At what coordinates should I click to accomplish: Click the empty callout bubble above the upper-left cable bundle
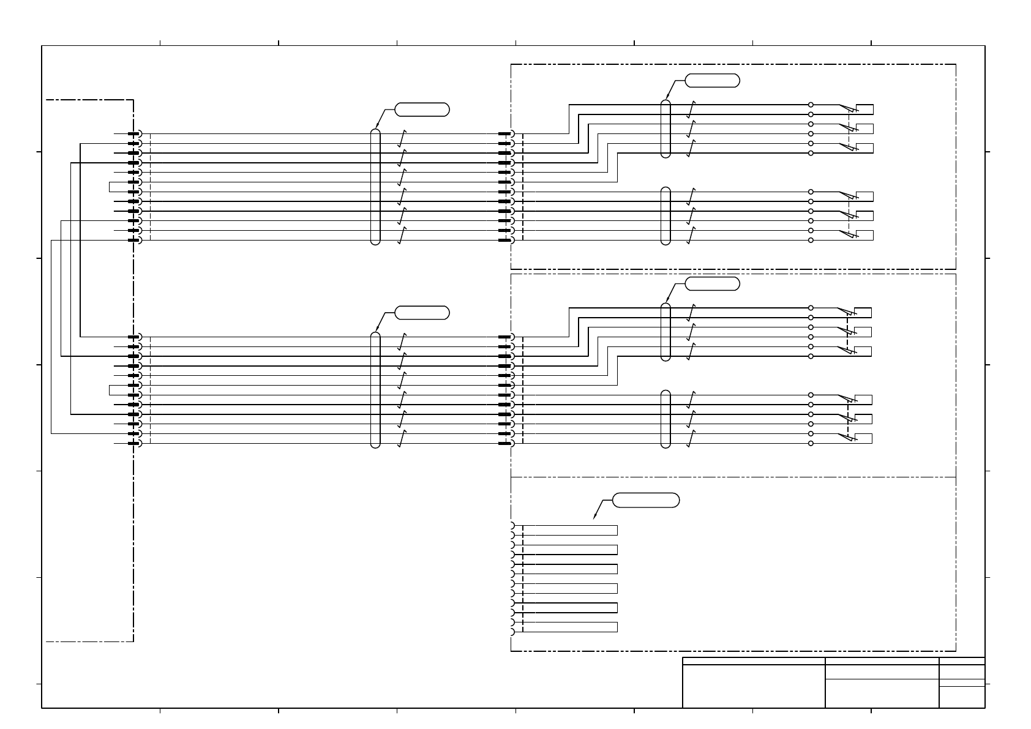tap(422, 110)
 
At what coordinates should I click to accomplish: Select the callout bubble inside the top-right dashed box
tap(712, 80)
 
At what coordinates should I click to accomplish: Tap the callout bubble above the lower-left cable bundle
tap(422, 313)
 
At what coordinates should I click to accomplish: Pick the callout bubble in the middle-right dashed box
tap(712, 283)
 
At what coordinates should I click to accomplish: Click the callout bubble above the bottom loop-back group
tap(646, 500)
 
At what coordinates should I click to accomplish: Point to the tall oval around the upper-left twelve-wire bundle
tap(375, 187)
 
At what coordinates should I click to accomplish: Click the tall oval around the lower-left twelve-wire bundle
tap(375, 390)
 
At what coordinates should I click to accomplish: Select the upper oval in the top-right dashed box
tap(666, 129)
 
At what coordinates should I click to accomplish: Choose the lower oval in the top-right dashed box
tap(666, 216)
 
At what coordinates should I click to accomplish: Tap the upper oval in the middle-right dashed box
tap(666, 332)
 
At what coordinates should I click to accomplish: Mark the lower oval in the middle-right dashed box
tap(666, 419)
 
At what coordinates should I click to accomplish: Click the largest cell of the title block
tap(754, 686)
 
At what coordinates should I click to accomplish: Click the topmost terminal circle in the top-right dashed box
tap(811, 105)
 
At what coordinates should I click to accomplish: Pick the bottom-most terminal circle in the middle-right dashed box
tap(811, 443)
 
